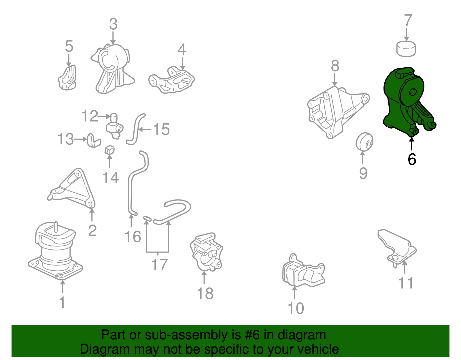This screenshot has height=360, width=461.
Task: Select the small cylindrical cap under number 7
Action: coord(406,49)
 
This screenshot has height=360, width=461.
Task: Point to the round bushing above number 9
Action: coord(364,142)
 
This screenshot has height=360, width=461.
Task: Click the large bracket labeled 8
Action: coord(337,112)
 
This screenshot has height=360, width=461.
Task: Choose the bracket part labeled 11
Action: coord(397,248)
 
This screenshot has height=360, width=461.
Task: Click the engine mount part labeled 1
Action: coord(55,251)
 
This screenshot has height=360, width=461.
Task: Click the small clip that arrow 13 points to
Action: coord(94,141)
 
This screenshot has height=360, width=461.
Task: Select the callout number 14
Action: coord(111,178)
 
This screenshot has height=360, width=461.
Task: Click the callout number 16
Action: coord(133,237)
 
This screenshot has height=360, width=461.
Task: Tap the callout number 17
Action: coord(160,265)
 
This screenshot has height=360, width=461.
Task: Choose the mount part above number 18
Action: coord(206,252)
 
